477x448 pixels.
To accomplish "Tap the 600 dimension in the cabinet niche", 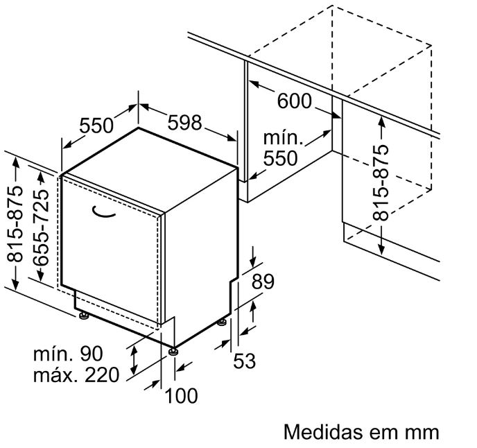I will (x=295, y=101).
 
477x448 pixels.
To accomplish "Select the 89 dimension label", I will (x=263, y=282).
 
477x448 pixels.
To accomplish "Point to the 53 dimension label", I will (x=244, y=361).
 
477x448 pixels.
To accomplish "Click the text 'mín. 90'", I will (x=68, y=354).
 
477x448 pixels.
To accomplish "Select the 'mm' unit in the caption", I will (x=422, y=432).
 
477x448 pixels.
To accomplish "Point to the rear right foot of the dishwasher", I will (x=222, y=322).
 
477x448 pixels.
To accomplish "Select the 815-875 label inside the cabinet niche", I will (x=381, y=184).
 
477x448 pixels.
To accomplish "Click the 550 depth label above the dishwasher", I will (x=96, y=126).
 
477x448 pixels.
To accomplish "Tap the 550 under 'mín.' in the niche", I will (x=280, y=158).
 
